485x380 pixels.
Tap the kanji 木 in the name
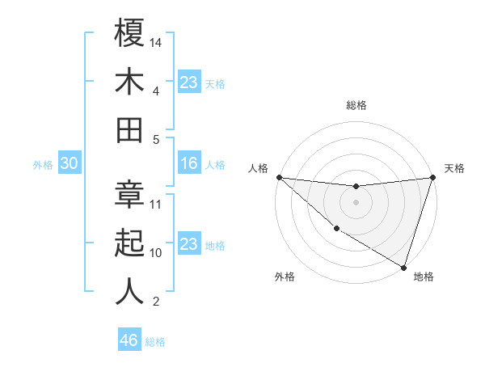point(129,82)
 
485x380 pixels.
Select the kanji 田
point(129,130)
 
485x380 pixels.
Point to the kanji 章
point(129,195)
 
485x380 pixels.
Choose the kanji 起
point(129,243)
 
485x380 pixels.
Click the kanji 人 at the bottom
point(129,292)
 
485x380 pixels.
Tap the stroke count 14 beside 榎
point(156,42)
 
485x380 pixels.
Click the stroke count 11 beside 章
point(156,204)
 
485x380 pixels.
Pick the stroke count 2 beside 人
point(156,302)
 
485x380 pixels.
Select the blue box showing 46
point(129,340)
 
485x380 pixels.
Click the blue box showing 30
point(69,164)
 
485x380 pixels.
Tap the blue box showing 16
point(188,164)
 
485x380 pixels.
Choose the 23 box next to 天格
point(188,82)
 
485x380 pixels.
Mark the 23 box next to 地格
point(188,244)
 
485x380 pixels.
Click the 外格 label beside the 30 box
point(43,165)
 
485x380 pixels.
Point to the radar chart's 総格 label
point(356,105)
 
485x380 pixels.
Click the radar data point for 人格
point(279,177)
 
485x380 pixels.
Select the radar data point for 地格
point(403,267)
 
